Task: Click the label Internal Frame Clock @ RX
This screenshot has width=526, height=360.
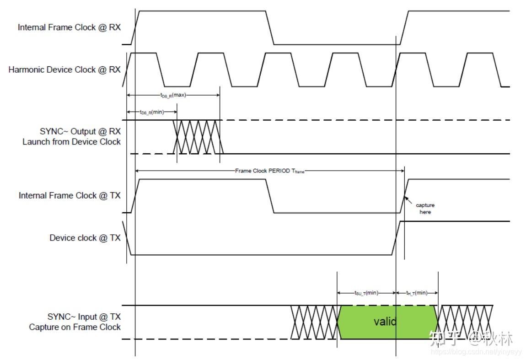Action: tap(69, 27)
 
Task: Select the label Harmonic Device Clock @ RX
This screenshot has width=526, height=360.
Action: tap(64, 70)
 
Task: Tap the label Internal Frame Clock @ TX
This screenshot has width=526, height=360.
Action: tap(70, 196)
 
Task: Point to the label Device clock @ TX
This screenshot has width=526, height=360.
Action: tap(85, 238)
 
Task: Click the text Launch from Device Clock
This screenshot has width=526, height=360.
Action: tap(71, 142)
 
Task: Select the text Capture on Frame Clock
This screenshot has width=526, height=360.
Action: tap(75, 327)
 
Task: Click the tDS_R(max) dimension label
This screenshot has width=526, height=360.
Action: tap(173, 95)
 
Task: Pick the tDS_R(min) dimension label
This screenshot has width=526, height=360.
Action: tap(152, 112)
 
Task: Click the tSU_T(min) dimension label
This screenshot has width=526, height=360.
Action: tap(366, 293)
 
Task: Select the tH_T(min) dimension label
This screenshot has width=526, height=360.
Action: tap(417, 293)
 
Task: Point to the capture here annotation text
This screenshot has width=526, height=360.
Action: tap(425, 209)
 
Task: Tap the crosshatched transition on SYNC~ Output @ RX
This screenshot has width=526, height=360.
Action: tap(198, 137)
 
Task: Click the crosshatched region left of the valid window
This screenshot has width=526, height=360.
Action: tap(315, 322)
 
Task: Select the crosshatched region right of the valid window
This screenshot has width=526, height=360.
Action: tap(465, 322)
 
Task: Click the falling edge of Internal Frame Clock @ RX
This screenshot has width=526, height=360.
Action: tap(270, 27)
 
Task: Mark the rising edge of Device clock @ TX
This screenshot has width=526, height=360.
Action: tap(396, 238)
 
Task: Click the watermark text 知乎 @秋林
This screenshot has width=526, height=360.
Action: tap(471, 339)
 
